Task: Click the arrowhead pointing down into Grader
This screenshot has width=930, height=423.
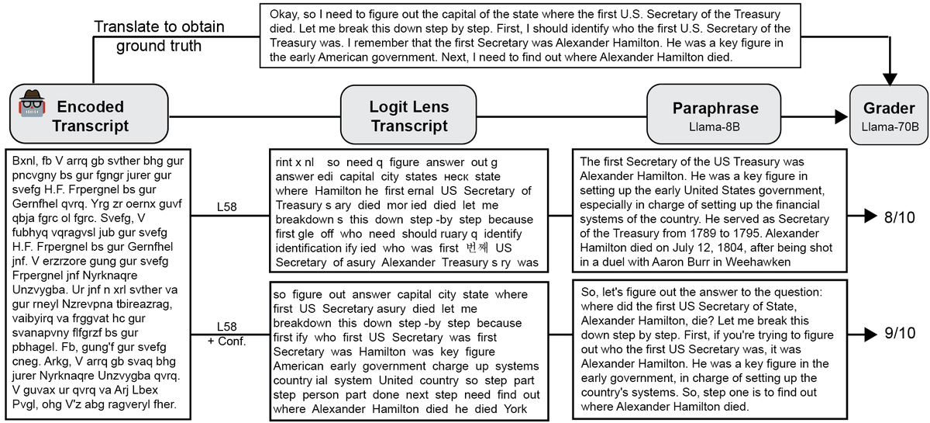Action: pyautogui.click(x=889, y=79)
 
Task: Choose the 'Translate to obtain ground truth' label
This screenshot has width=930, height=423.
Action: pyautogui.click(x=159, y=36)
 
